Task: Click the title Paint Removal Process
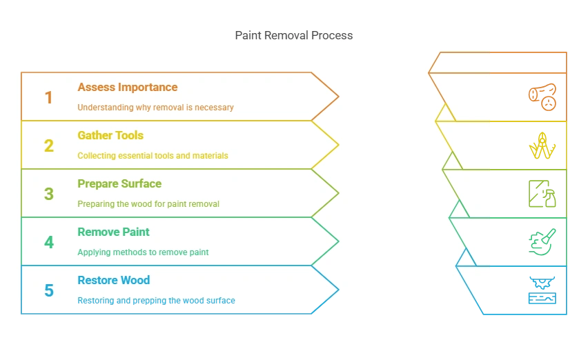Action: [293, 35]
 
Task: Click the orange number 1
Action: [48, 98]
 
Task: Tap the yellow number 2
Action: [48, 146]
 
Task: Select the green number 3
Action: [48, 194]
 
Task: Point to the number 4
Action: [48, 243]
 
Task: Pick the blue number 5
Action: [48, 291]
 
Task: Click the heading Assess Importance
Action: [127, 88]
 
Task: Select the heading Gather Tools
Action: [110, 136]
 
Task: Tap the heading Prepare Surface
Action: [119, 184]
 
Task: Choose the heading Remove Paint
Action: [113, 232]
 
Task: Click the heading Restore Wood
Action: [113, 281]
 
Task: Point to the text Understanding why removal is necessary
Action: [155, 108]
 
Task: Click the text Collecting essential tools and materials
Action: [153, 156]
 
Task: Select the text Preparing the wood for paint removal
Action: [148, 204]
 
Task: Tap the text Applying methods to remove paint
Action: [143, 252]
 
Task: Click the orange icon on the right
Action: [541, 97]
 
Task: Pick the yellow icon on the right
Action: [541, 146]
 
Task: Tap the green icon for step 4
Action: [541, 242]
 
